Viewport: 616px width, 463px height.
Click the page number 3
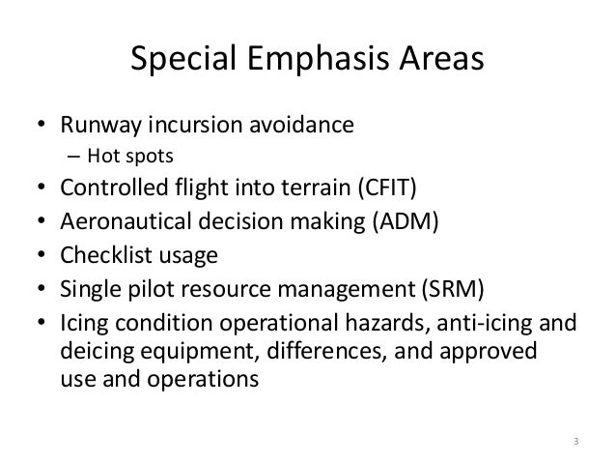click(x=575, y=444)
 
